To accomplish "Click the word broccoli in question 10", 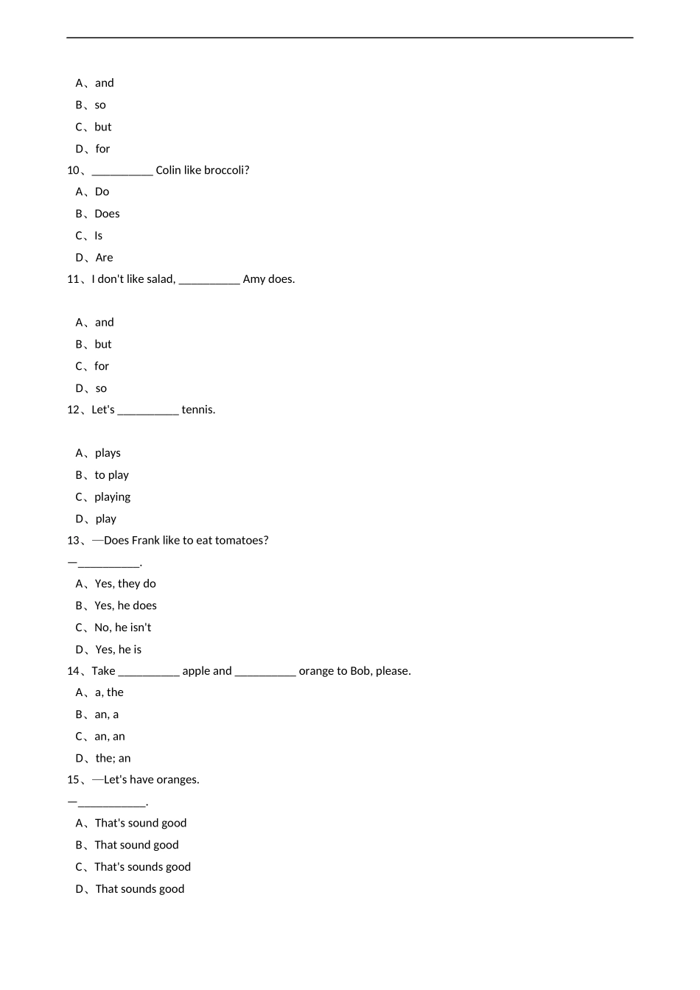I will [225, 170].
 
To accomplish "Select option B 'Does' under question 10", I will [107, 214].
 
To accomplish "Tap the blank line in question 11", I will [209, 280].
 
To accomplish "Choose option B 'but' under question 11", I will [103, 344].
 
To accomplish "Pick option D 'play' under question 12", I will [106, 519].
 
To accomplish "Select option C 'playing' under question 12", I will [112, 496].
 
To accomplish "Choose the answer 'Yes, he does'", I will [125, 605].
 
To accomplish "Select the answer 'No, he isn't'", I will [122, 628].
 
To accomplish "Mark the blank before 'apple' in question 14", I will [149, 672].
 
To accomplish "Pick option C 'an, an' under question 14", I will [110, 736].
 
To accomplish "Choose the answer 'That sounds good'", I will [140, 888].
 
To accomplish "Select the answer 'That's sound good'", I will [141, 823].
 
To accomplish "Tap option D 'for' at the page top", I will [102, 149].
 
